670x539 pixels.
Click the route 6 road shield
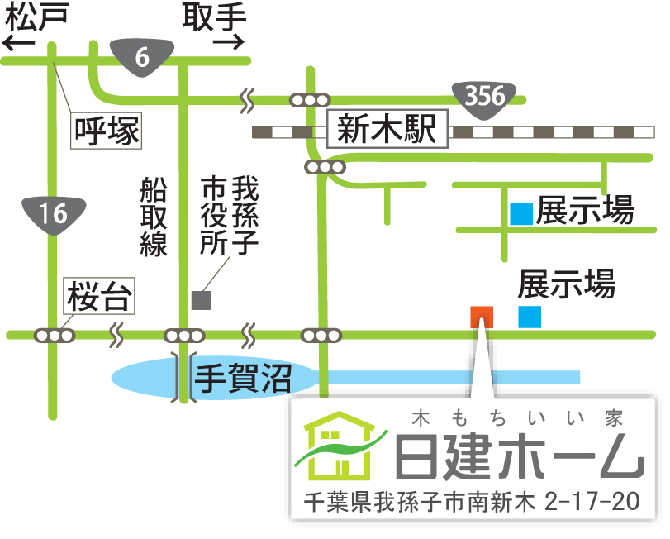point(142,56)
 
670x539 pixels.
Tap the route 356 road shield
point(484,95)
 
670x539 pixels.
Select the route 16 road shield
point(53,214)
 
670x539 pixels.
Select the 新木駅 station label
point(387,130)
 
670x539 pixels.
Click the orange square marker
point(481,317)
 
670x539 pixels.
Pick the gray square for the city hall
point(201,300)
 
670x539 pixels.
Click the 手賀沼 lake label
point(243,379)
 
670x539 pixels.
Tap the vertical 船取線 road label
point(154,217)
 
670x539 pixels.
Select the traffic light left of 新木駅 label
point(309,100)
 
